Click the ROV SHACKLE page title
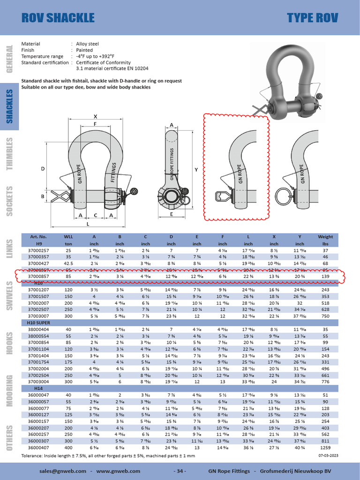tap(58, 18)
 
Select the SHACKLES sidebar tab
tap(9, 106)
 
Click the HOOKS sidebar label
tap(9, 345)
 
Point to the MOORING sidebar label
tap(9, 390)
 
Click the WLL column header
tap(68, 237)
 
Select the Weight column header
tap(325, 237)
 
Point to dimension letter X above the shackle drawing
tap(95, 116)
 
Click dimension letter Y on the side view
tap(196, 170)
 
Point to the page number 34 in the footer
tap(180, 471)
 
